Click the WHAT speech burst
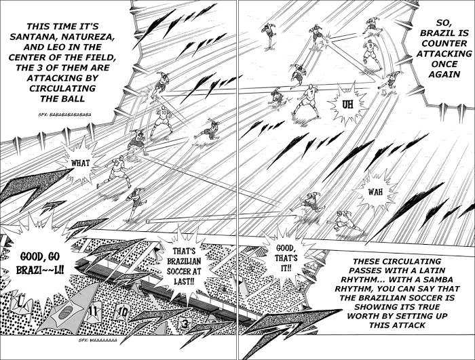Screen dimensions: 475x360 [80, 163]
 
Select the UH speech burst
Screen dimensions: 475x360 [348, 105]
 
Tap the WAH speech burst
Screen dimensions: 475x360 [375, 191]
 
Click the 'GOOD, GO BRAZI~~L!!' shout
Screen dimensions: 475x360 [40, 263]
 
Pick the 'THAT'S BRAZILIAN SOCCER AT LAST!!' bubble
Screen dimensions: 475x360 [184, 266]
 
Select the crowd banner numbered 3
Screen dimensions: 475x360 [185, 324]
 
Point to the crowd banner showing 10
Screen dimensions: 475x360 [121, 312]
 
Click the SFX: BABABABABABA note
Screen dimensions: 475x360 [65, 115]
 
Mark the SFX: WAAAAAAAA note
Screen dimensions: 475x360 [98, 340]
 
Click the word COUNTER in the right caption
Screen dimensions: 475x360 [444, 43]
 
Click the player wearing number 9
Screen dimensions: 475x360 [371, 54]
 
